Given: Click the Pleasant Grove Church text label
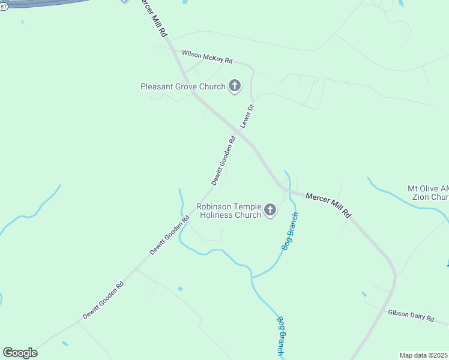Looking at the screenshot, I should [x=182, y=86].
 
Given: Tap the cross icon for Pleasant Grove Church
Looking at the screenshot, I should [x=234, y=86].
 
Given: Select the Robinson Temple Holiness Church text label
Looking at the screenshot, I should [x=229, y=211].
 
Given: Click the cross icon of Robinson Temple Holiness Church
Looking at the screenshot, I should [x=270, y=210].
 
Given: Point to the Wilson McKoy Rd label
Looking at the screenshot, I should [x=207, y=58].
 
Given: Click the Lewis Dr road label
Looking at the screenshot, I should [x=247, y=116].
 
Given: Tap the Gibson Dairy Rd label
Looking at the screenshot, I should [x=411, y=316].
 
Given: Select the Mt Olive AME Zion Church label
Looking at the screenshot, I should [x=428, y=192].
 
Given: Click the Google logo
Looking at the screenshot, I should [x=20, y=353].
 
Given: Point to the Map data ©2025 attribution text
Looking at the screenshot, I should [x=424, y=355].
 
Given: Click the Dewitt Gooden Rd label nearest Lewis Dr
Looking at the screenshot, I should [x=223, y=160].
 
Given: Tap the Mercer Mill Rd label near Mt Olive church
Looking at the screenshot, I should [x=328, y=205].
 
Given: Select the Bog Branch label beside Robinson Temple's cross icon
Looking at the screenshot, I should [x=289, y=231].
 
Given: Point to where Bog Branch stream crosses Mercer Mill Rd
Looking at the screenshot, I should [x=289, y=191].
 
